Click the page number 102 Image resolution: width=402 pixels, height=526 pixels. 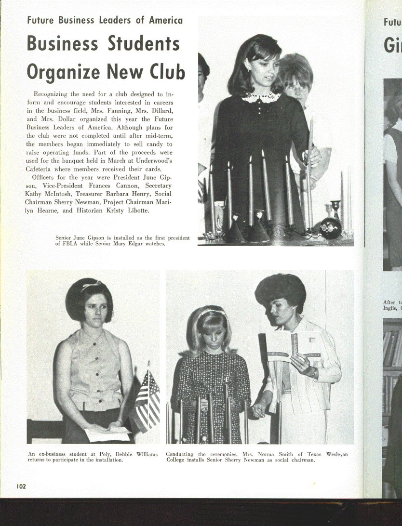click(21, 486)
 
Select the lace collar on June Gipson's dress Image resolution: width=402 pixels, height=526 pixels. click(261, 97)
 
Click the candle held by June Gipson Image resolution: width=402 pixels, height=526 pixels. click(310, 145)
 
